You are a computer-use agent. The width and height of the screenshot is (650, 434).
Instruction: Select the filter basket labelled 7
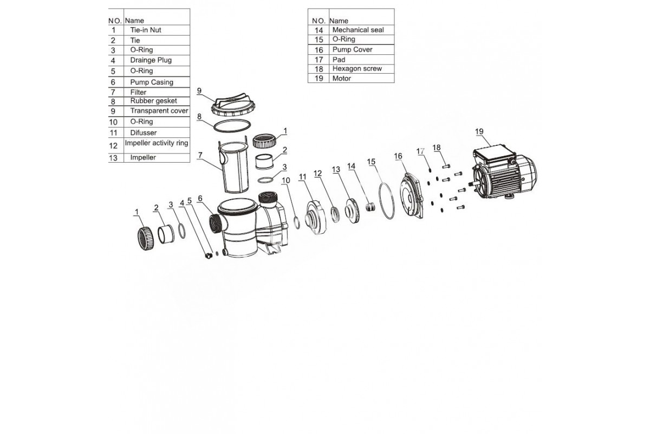[235, 165]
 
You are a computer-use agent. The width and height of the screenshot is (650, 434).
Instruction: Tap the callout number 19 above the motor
[479, 131]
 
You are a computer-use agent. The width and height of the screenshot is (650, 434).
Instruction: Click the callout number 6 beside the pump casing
[200, 199]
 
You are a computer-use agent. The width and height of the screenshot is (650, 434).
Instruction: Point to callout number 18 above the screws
[437, 148]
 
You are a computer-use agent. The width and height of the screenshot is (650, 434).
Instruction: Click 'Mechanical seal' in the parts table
[357, 30]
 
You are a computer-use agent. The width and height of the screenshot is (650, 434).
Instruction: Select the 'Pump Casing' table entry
[152, 82]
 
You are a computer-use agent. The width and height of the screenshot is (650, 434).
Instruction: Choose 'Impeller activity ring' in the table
[157, 143]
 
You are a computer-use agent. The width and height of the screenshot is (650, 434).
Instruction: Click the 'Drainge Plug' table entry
[151, 60]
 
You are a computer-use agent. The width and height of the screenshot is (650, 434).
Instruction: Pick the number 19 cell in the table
[318, 79]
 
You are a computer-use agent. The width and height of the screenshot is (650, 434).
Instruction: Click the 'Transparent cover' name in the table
[159, 111]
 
